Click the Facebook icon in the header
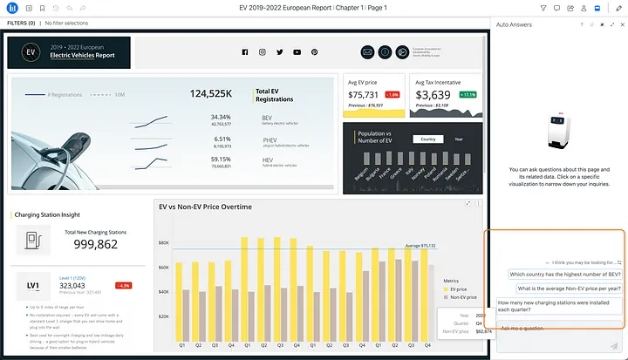click(x=244, y=52)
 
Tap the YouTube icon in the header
click(x=297, y=52)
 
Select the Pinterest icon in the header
click(x=314, y=52)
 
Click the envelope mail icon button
click(x=366, y=52)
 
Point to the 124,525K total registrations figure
click(x=210, y=92)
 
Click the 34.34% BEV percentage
click(x=221, y=117)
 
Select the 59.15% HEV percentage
click(x=221, y=160)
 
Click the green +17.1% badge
click(x=468, y=94)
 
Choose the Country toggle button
click(x=427, y=139)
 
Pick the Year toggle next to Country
click(x=459, y=139)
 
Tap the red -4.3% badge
click(x=124, y=285)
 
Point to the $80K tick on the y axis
click(x=162, y=243)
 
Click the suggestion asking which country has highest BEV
click(x=565, y=274)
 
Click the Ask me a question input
click(x=558, y=329)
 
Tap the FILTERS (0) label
click(x=21, y=23)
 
